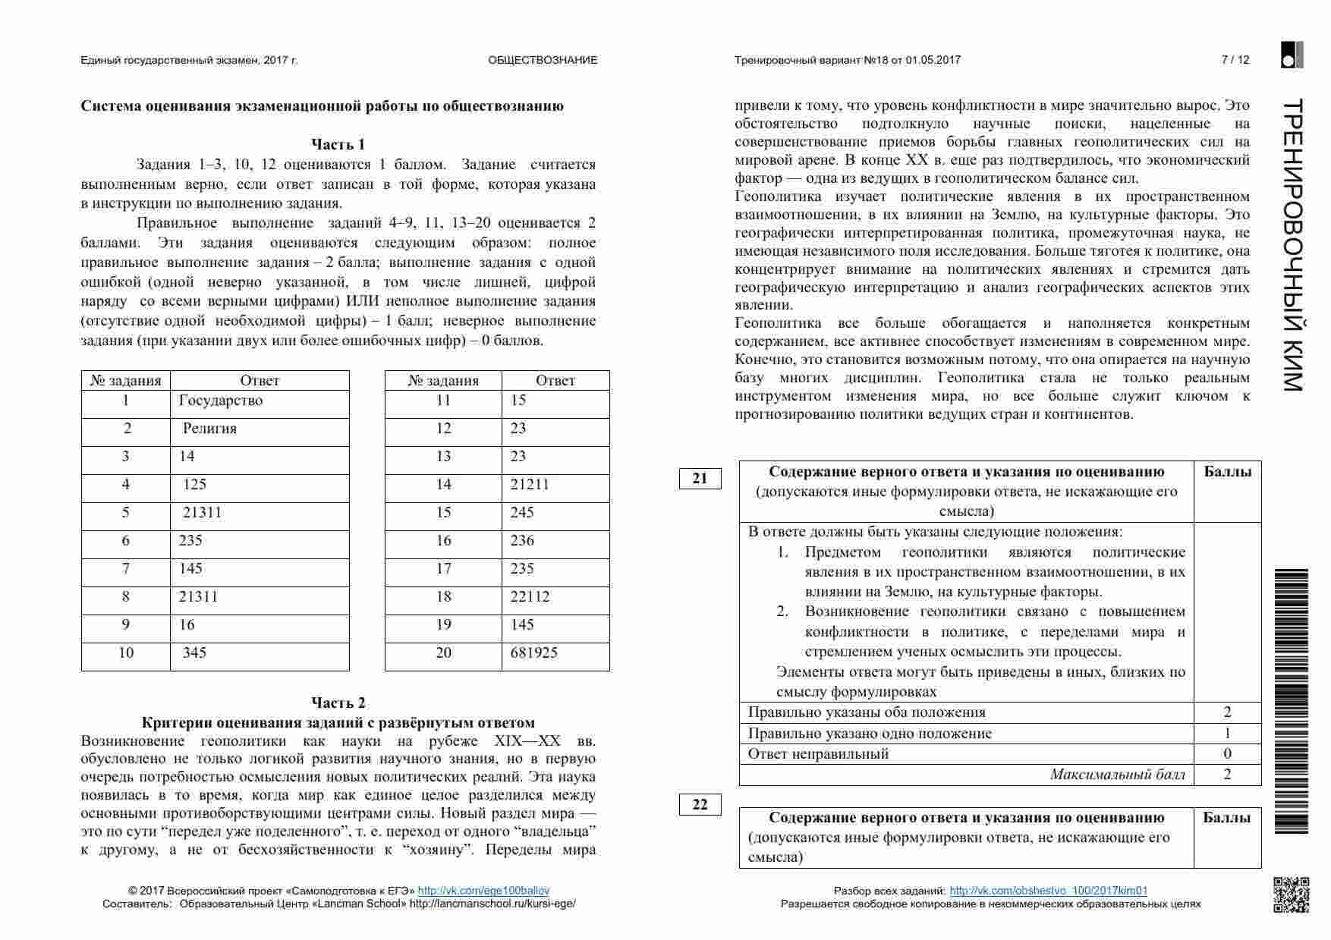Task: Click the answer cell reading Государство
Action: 221,401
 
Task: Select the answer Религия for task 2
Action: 209,429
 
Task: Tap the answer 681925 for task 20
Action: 534,653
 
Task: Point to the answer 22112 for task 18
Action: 530,597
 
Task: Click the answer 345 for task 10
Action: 194,653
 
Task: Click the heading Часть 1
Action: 338,144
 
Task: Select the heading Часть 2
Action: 338,703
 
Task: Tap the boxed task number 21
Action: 700,479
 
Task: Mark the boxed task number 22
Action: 700,805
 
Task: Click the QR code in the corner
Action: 1291,894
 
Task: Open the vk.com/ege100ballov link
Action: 483,891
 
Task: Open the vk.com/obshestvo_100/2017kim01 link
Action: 1048,891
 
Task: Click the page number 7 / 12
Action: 1235,60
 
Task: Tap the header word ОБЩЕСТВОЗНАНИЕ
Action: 543,60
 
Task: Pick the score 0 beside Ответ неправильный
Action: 1227,754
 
